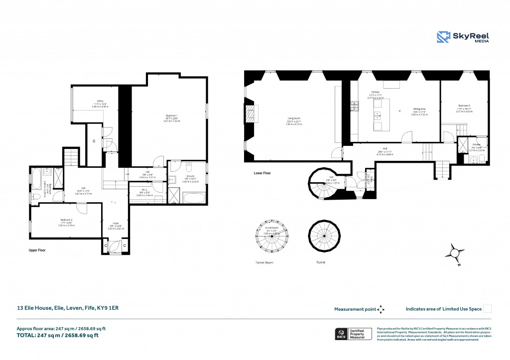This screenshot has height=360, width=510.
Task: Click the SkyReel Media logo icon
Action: [x=443, y=38]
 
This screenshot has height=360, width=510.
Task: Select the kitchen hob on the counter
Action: [x=355, y=107]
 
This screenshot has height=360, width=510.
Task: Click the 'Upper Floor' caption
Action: [x=37, y=250]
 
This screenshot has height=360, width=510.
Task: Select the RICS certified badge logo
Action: [x=342, y=334]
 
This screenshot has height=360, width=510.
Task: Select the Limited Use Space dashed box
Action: [x=488, y=309]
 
